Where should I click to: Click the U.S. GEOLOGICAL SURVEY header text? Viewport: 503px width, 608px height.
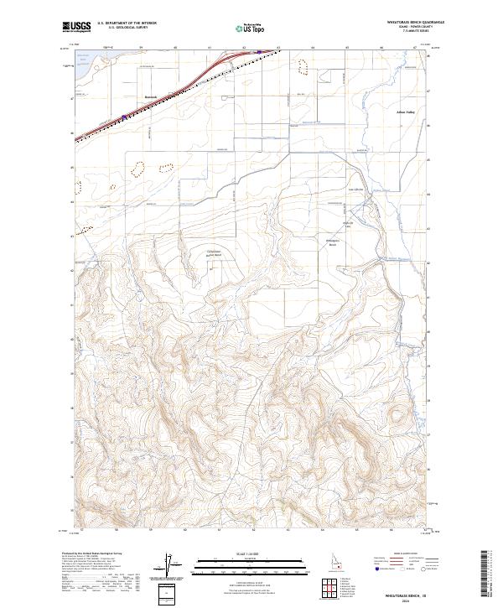pyautogui.click(x=126, y=28)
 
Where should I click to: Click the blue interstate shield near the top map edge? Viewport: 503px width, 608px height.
pyautogui.click(x=259, y=52)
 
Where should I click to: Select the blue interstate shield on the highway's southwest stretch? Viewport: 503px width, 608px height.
pyautogui.click(x=124, y=117)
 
